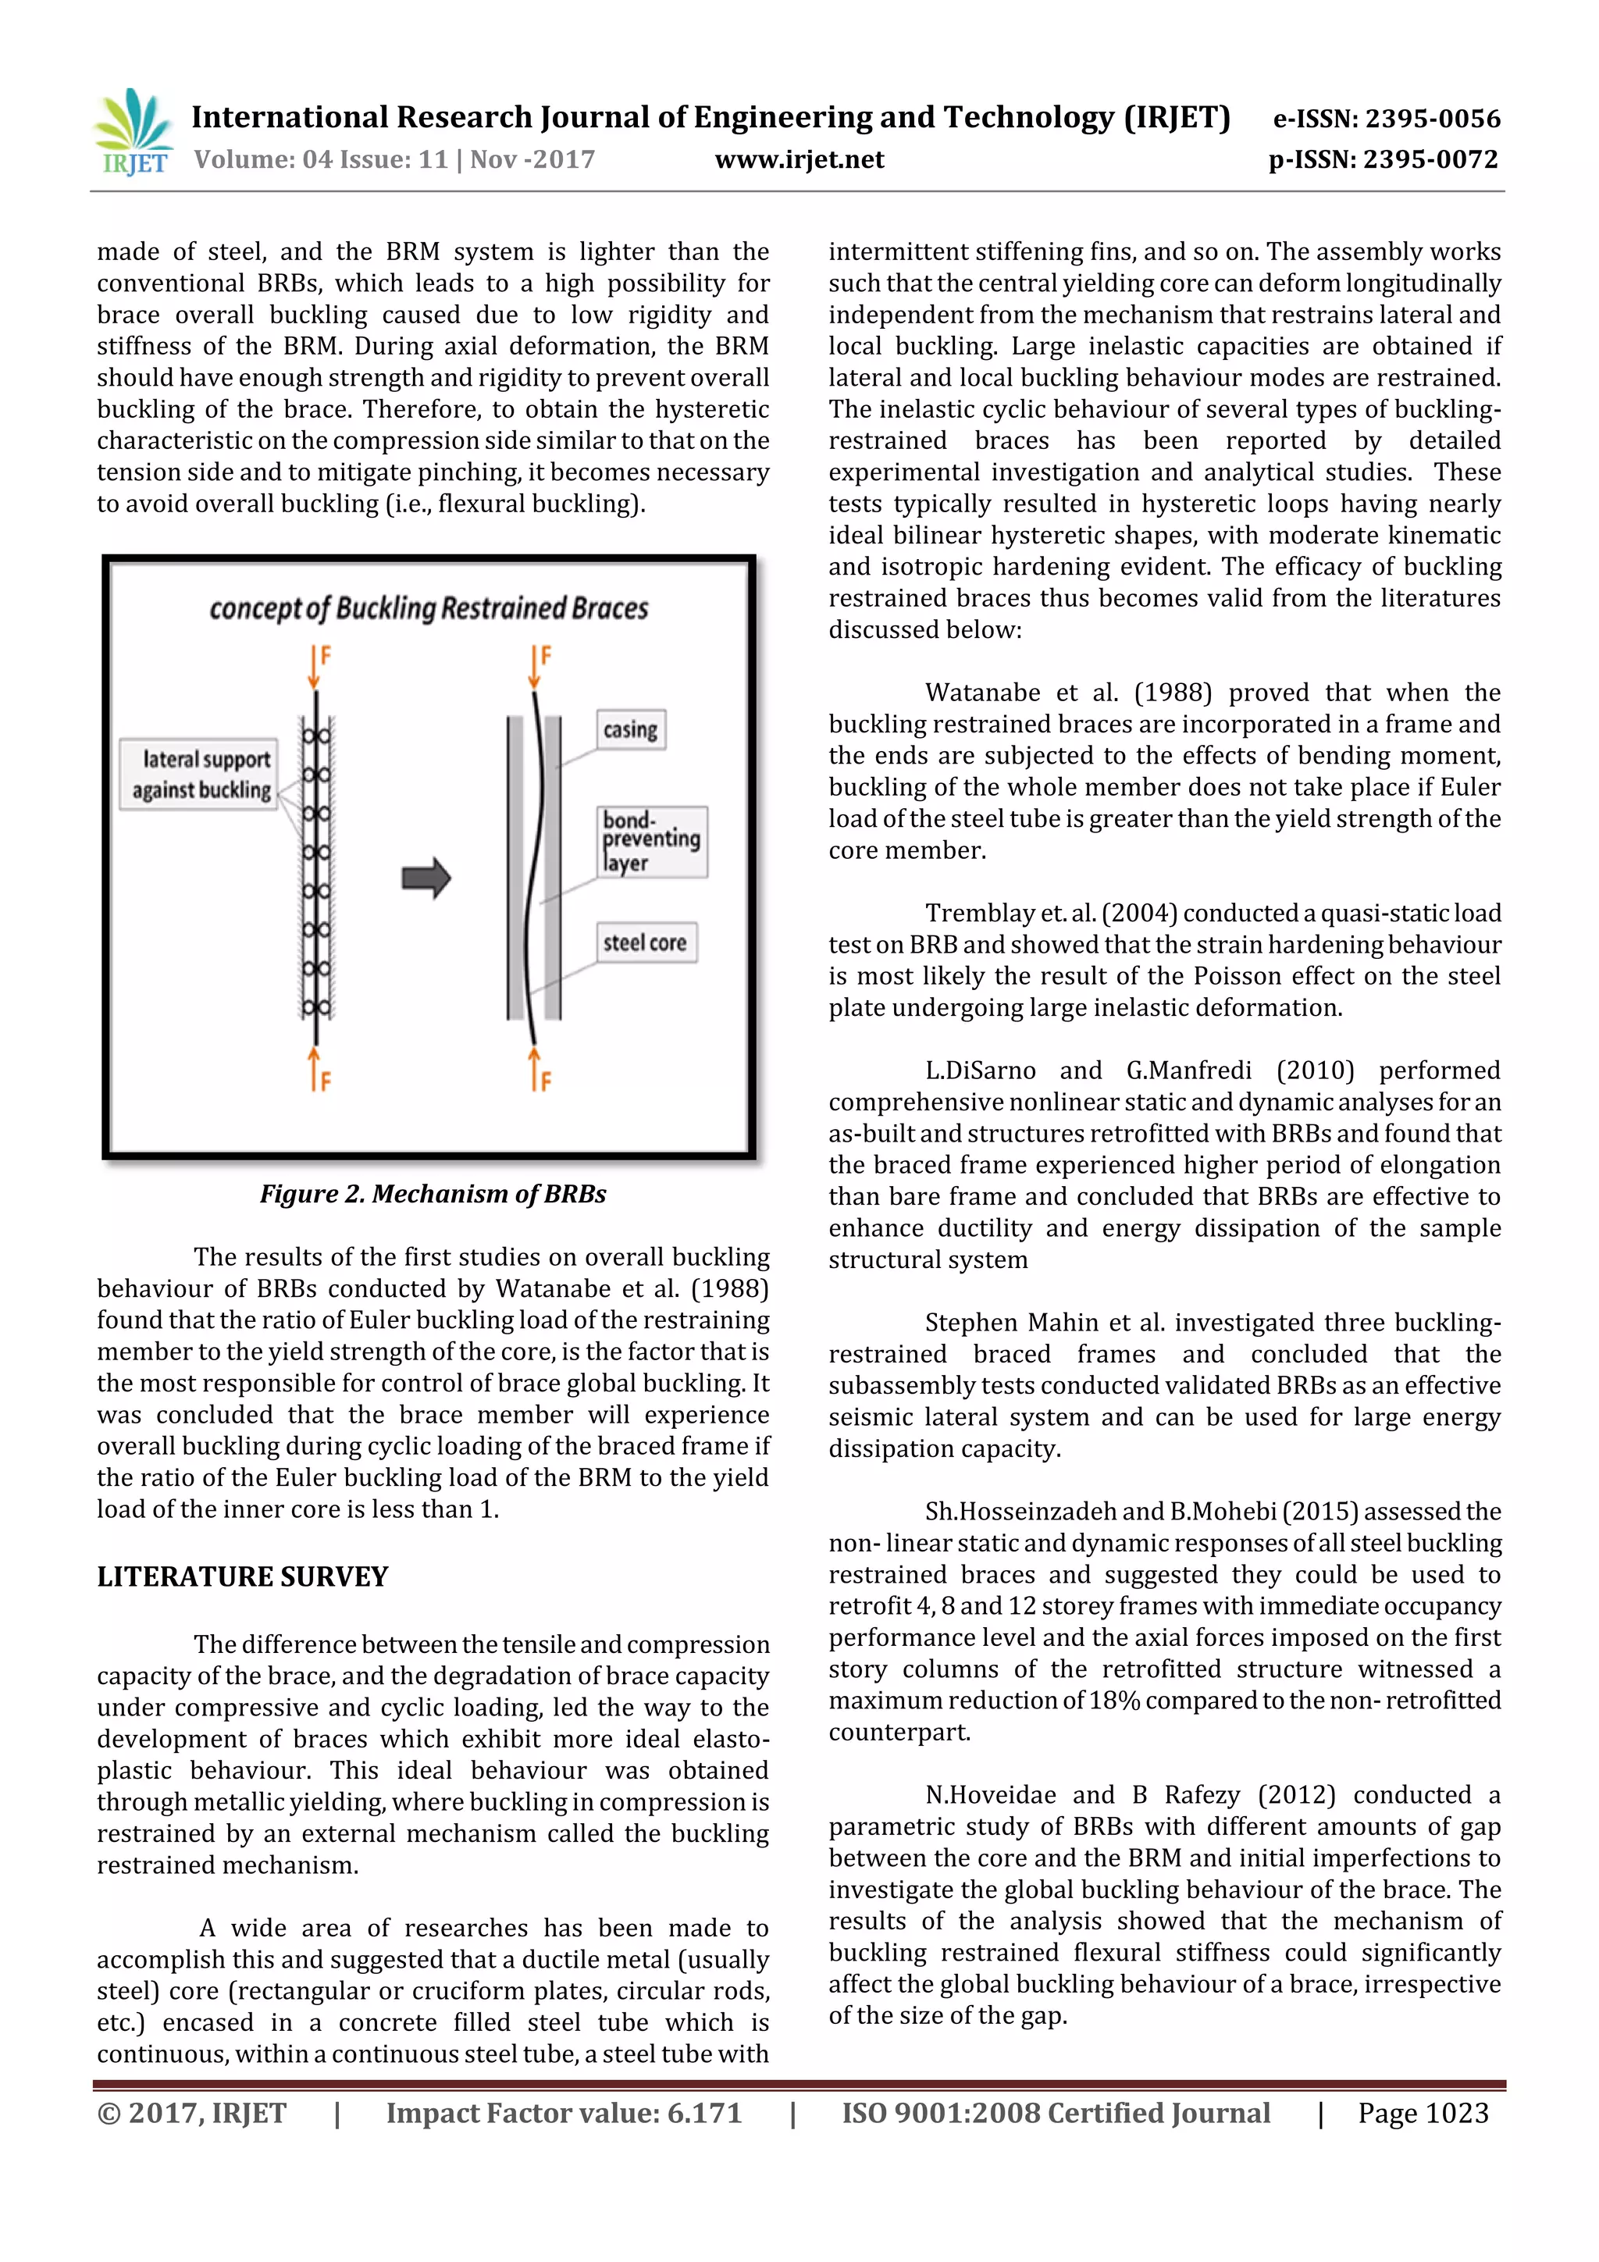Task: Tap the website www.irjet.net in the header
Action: click(x=799, y=159)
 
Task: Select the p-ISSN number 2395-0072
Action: click(x=1430, y=159)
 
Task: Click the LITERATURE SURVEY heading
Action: click(x=242, y=1577)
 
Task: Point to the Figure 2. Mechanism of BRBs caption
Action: click(x=433, y=1194)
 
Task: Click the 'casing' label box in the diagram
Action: click(x=631, y=730)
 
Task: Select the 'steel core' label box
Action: click(x=646, y=943)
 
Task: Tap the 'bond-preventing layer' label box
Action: click(x=651, y=842)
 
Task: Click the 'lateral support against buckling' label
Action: click(x=200, y=775)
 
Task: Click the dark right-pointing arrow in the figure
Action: click(x=426, y=878)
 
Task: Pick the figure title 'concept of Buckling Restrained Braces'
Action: click(x=429, y=609)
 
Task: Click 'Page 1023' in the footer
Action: click(x=1423, y=2113)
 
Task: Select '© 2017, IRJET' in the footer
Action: click(x=191, y=2113)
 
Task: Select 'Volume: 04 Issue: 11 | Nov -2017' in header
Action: click(x=394, y=159)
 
